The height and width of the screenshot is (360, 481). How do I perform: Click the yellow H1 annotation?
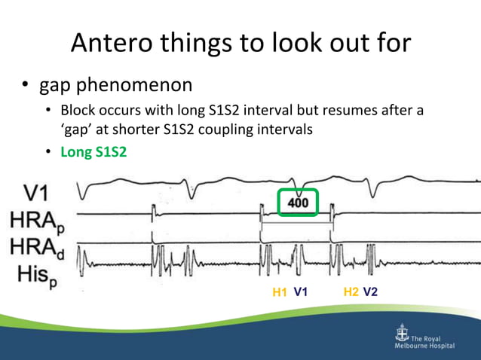(x=280, y=291)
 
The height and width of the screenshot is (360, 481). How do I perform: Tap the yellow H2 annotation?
(x=351, y=291)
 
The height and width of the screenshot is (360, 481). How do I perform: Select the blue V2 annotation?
(x=370, y=291)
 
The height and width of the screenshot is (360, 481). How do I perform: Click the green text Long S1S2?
(x=94, y=151)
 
